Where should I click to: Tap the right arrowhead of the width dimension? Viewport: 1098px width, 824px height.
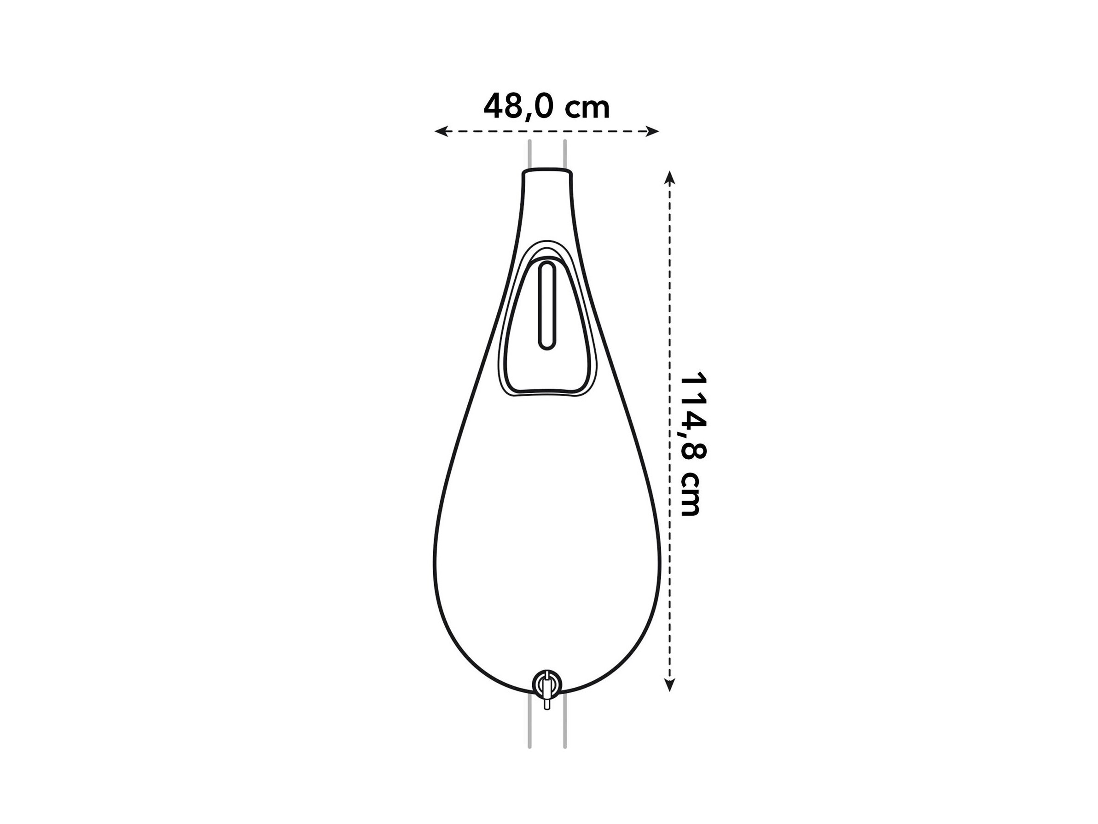pos(652,132)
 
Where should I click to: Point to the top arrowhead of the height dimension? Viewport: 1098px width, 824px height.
pos(670,178)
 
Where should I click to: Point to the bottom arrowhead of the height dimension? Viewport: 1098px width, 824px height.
pos(670,685)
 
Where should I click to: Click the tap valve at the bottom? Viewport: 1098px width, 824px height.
pos(547,684)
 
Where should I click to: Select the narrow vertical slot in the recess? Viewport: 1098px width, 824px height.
pos(547,306)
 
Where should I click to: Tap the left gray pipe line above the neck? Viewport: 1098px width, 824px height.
pos(529,154)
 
